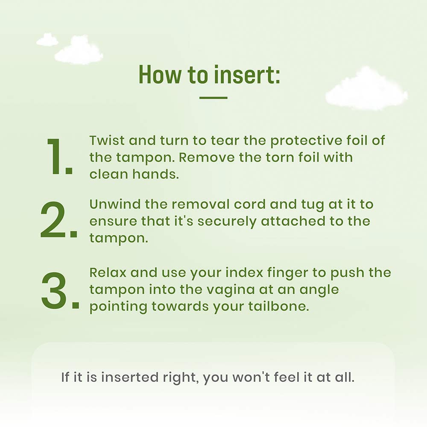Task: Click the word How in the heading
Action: pos(160,75)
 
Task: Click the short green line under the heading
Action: pos(213,97)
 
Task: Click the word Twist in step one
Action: pos(107,140)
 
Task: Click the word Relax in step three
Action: pos(108,272)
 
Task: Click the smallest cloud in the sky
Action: pos(47,40)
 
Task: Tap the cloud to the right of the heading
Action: pos(366,89)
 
